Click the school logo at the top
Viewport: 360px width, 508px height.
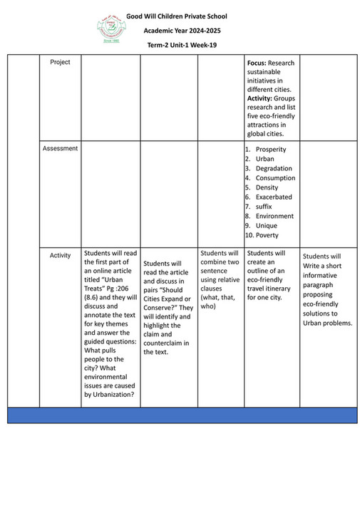click(111, 28)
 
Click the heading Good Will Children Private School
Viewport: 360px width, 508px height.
click(186, 15)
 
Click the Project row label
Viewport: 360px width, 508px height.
click(60, 63)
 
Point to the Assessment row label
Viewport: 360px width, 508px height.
click(60, 149)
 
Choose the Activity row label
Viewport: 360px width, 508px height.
click(60, 255)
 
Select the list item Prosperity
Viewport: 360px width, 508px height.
click(270, 150)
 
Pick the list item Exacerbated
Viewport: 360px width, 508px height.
click(274, 197)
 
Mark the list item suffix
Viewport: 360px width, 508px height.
click(264, 207)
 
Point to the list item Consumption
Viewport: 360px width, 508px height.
click(275, 178)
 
